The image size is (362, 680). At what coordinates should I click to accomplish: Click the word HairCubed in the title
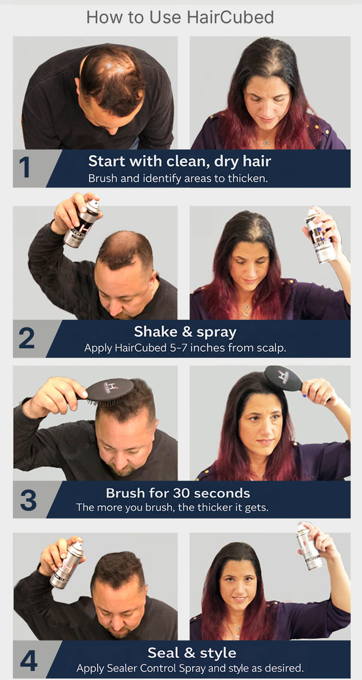coord(230,18)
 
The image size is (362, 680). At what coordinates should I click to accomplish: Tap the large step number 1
coord(25,168)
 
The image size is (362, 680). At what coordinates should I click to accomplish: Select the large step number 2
coord(27,338)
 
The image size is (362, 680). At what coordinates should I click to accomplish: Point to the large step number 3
coord(28,500)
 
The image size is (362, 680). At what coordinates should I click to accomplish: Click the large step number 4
coord(28,661)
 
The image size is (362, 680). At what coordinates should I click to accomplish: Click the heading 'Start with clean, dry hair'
coord(179,161)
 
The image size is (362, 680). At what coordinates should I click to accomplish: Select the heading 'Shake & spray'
coord(185,332)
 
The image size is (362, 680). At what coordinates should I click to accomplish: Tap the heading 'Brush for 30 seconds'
coord(178,493)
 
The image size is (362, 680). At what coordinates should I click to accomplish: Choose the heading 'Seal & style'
coord(192,653)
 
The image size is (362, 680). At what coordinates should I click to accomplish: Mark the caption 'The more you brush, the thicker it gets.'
coord(172,507)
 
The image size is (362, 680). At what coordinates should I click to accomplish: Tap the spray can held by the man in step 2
coord(82,223)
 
